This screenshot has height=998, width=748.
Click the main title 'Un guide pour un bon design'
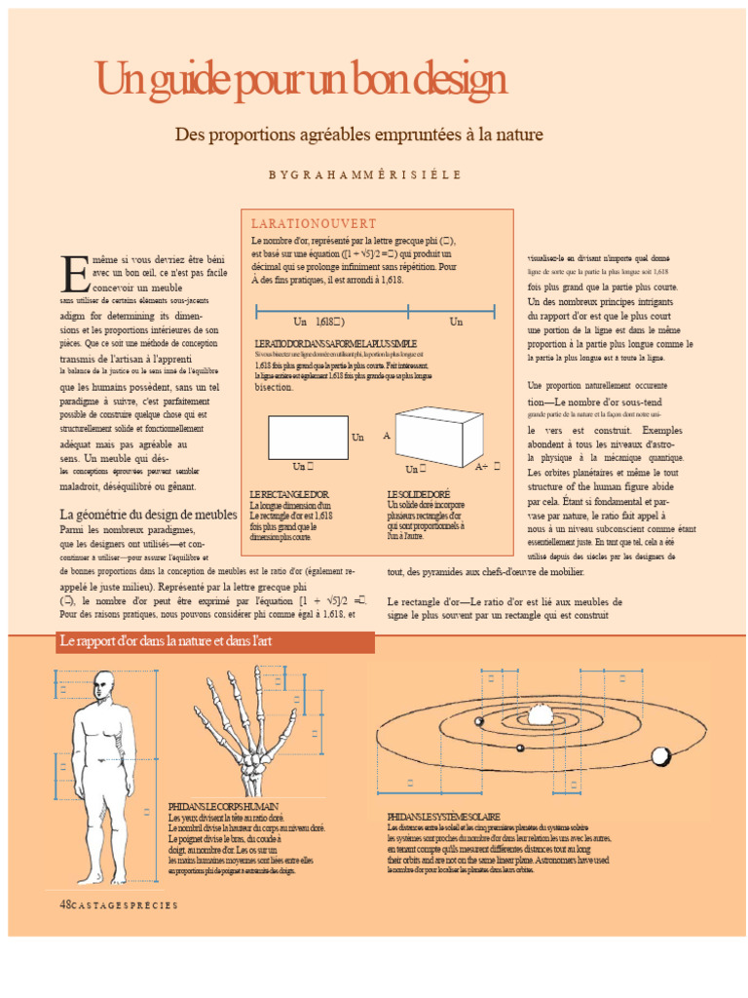(300, 79)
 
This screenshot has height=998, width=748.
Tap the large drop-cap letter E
(74, 275)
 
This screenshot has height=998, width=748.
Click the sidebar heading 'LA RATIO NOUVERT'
(314, 224)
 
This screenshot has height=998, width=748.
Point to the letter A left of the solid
(387, 436)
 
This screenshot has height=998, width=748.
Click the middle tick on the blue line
(408, 312)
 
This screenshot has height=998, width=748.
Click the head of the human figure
(103, 689)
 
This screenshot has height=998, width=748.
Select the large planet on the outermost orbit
(661, 755)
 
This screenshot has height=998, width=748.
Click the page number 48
(66, 903)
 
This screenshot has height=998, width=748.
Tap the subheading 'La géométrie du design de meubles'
(148, 514)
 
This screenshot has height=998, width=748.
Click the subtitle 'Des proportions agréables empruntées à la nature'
(358, 134)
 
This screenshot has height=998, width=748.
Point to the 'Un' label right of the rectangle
(357, 438)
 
